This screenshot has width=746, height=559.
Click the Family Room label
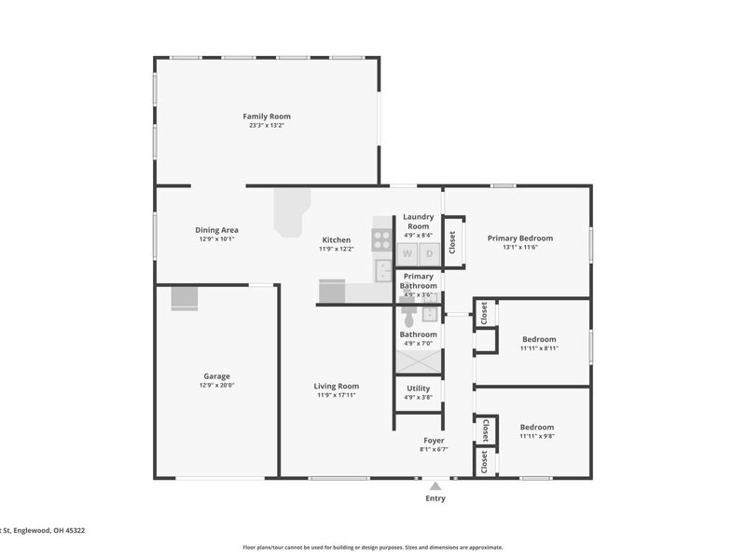[267, 116]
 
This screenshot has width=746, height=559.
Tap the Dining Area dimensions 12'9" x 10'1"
[216, 239]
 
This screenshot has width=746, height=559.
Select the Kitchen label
[337, 240]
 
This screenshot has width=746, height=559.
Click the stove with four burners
[381, 239]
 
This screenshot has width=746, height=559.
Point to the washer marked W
[408, 253]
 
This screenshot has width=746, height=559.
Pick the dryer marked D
[430, 253]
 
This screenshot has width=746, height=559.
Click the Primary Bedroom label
[520, 239]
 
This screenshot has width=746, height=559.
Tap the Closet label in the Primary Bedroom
[452, 242]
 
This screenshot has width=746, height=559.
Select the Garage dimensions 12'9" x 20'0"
[216, 386]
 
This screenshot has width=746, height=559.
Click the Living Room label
[337, 386]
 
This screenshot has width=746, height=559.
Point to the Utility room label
[418, 389]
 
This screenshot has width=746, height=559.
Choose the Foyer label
[434, 441]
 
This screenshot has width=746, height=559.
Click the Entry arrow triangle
[435, 485]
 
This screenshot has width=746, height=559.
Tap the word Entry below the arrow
[435, 498]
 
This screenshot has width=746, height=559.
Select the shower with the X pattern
[419, 361]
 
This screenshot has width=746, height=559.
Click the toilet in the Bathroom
[408, 313]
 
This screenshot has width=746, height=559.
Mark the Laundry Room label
[418, 222]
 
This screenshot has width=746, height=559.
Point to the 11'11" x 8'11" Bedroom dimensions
[539, 348]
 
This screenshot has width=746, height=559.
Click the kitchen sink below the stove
[382, 270]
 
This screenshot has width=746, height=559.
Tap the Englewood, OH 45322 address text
[49, 530]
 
